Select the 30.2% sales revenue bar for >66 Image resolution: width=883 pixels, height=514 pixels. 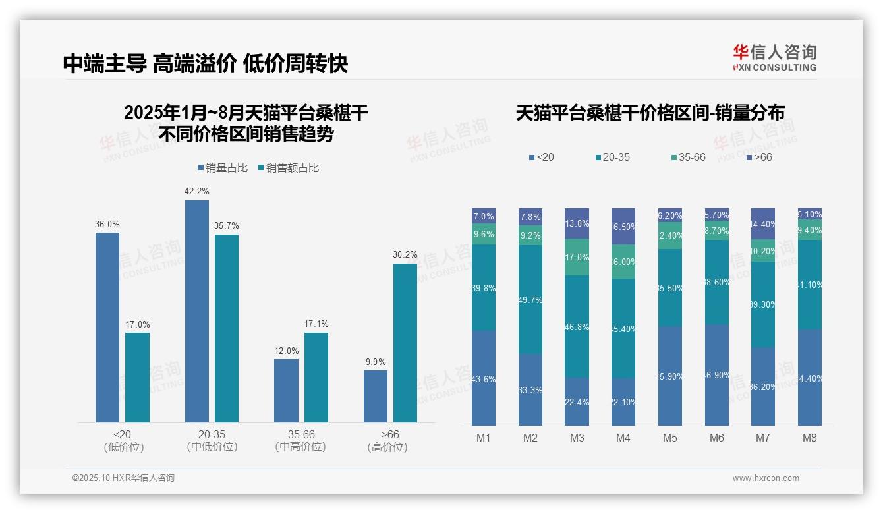pyautogui.click(x=405, y=343)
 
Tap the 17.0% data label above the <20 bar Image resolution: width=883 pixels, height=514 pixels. pyautogui.click(x=138, y=324)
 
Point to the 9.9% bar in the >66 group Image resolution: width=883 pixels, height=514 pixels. pyautogui.click(x=376, y=396)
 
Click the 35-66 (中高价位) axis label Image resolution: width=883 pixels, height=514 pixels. pyautogui.click(x=301, y=441)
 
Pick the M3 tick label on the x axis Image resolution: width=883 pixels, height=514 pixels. pyautogui.click(x=577, y=438)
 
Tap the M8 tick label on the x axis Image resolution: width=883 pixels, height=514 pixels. pyautogui.click(x=809, y=438)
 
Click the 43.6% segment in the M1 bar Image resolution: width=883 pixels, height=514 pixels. pyautogui.click(x=484, y=378)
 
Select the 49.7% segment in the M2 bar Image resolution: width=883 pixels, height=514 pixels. pyautogui.click(x=530, y=299)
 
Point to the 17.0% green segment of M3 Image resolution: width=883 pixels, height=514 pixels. pyautogui.click(x=577, y=257)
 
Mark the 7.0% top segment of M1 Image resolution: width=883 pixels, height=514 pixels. pyautogui.click(x=484, y=216)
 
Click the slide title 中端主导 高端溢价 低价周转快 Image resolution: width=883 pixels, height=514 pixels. pyautogui.click(x=205, y=63)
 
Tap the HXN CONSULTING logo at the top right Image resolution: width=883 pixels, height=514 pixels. pyautogui.click(x=774, y=57)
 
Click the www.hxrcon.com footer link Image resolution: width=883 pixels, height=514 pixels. pyautogui.click(x=766, y=478)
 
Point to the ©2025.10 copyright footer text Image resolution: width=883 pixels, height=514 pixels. pyautogui.click(x=123, y=478)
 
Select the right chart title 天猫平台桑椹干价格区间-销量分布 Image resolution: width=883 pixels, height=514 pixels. pyautogui.click(x=650, y=113)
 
